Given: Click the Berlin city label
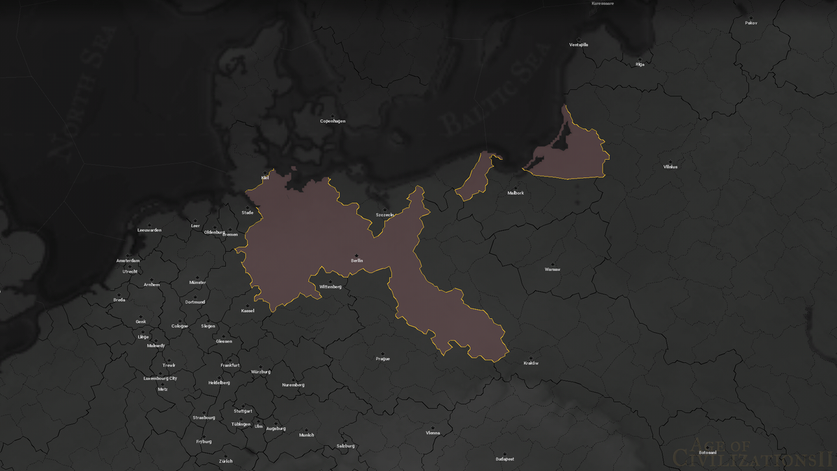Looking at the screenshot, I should (356, 260).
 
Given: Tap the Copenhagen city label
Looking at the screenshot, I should (333, 121).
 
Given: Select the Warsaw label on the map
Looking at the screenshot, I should (552, 269).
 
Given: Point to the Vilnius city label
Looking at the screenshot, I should (670, 167).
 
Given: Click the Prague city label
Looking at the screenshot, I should (382, 359).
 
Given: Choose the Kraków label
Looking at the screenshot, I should (531, 363).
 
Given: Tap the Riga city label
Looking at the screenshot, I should (640, 64).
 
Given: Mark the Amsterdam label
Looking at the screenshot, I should (128, 260).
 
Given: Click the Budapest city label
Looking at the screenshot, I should (505, 458).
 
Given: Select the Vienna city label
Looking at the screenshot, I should (432, 433).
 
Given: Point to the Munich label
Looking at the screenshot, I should (306, 435).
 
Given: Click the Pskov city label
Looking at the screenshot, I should (751, 23).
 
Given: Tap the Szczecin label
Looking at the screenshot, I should (385, 214).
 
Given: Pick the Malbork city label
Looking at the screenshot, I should (515, 193).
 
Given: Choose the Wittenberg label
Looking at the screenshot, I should (330, 287).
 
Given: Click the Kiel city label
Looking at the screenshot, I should (265, 178).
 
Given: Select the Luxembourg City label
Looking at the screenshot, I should (160, 378).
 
